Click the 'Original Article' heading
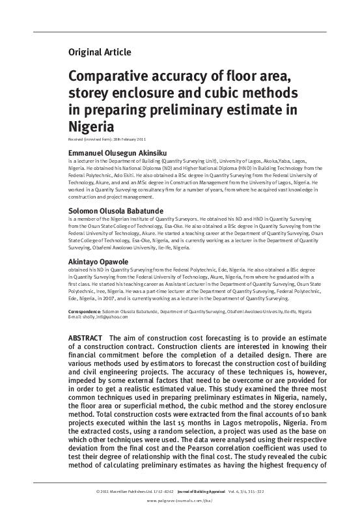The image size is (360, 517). point(100,51)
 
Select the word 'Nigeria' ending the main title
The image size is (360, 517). point(92,126)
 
